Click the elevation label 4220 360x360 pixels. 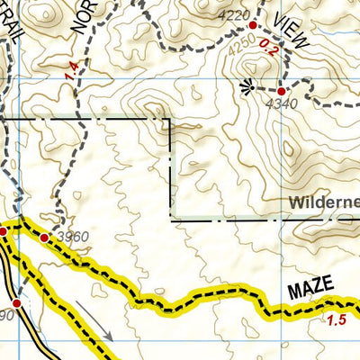[234, 16]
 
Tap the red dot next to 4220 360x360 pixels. [253, 26]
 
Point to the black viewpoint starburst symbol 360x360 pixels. [248, 86]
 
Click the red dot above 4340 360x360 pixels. [281, 91]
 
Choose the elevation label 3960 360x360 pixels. [72, 237]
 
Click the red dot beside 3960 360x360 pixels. [44, 238]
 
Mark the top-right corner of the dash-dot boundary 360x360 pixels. [171, 120]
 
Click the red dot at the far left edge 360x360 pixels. [3, 231]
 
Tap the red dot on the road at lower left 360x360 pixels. [16, 303]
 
